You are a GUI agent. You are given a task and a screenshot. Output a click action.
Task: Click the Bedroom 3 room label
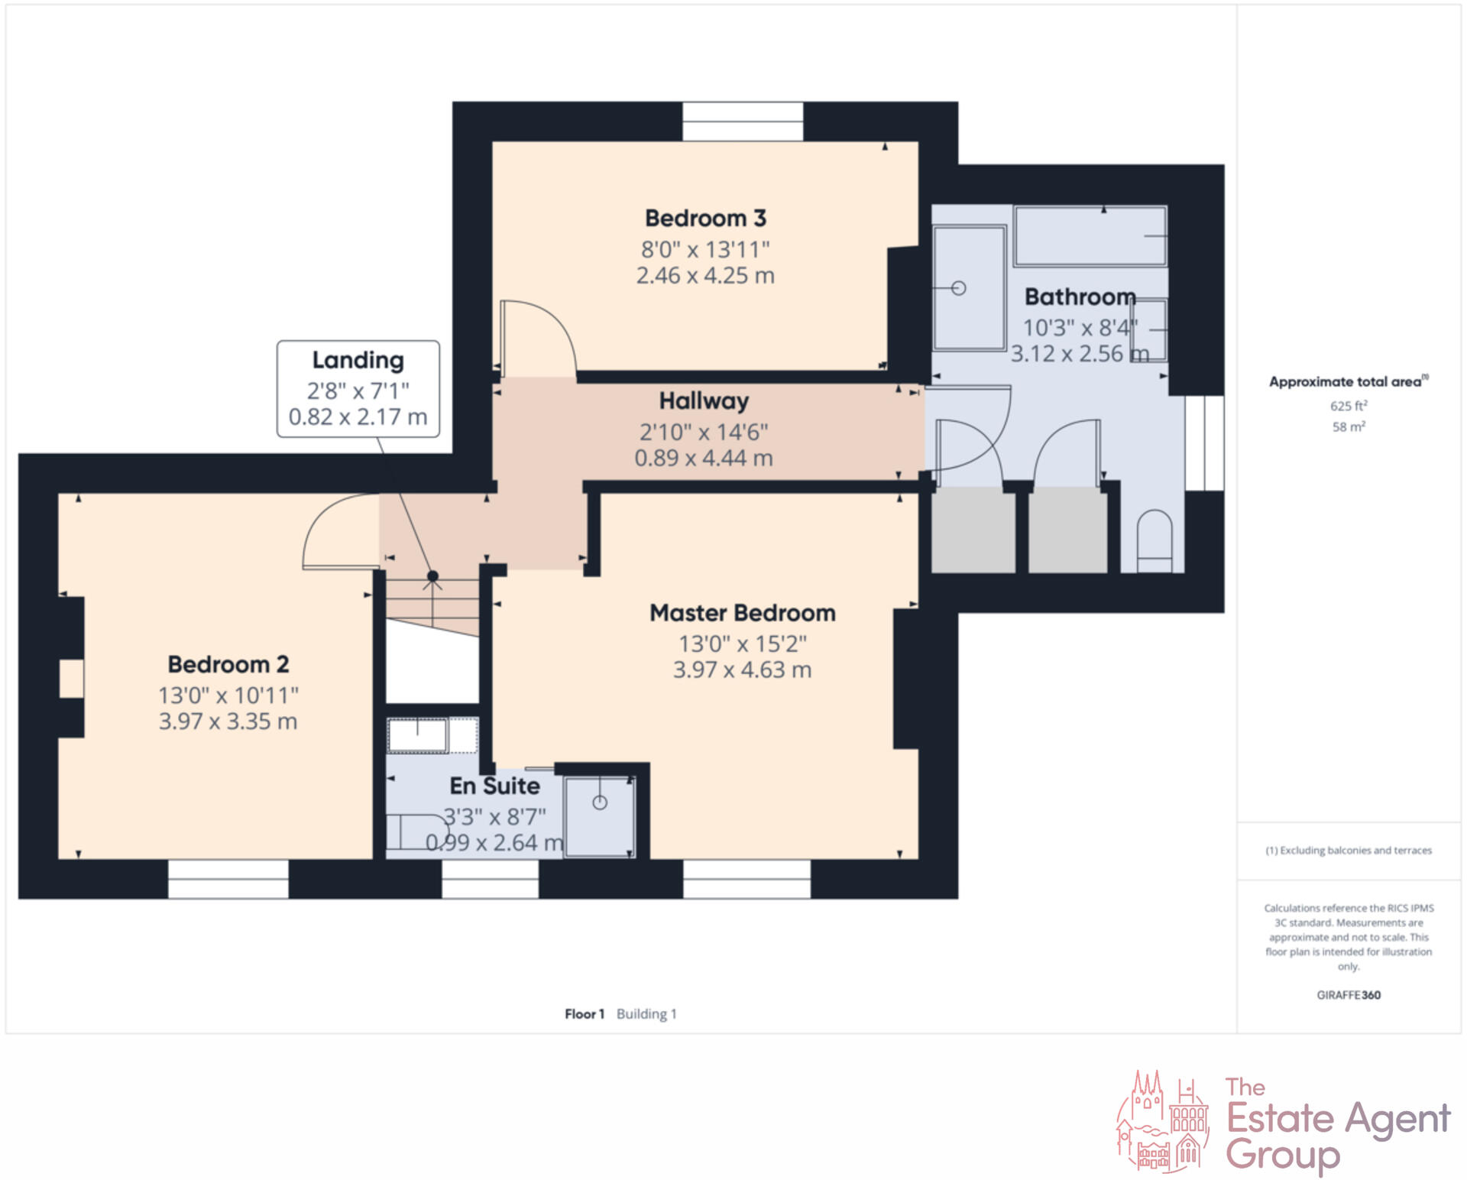pyautogui.click(x=705, y=219)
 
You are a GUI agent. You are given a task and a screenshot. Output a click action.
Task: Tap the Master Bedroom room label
pyautogui.click(x=742, y=613)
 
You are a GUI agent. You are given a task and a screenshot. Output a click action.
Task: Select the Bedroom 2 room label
pyautogui.click(x=228, y=664)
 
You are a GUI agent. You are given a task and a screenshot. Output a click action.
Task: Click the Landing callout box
pyautogui.click(x=358, y=389)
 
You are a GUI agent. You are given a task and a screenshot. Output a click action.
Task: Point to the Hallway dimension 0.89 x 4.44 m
pyautogui.click(x=703, y=458)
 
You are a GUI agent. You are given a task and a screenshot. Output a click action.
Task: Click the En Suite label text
pyautogui.click(x=494, y=786)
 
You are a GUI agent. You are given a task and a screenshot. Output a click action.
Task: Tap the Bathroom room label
pyautogui.click(x=1080, y=297)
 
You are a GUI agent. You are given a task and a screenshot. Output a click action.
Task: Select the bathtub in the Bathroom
pyautogui.click(x=1090, y=236)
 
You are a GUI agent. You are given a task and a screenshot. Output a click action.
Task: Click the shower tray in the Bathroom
pyautogui.click(x=969, y=288)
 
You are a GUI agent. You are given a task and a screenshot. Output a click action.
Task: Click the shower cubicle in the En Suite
pyautogui.click(x=600, y=816)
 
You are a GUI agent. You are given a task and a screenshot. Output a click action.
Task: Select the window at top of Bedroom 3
pyautogui.click(x=742, y=122)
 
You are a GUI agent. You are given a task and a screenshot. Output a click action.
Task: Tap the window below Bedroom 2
pyautogui.click(x=228, y=879)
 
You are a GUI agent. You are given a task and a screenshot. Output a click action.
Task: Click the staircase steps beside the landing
pyautogui.click(x=432, y=604)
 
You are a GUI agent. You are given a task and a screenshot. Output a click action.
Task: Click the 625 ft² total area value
pyautogui.click(x=1348, y=406)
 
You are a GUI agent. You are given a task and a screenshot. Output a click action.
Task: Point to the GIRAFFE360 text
pyautogui.click(x=1348, y=995)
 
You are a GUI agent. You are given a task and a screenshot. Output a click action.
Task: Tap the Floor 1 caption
pyautogui.click(x=585, y=1014)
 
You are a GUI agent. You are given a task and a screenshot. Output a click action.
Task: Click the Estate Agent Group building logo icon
pyautogui.click(x=1163, y=1122)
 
